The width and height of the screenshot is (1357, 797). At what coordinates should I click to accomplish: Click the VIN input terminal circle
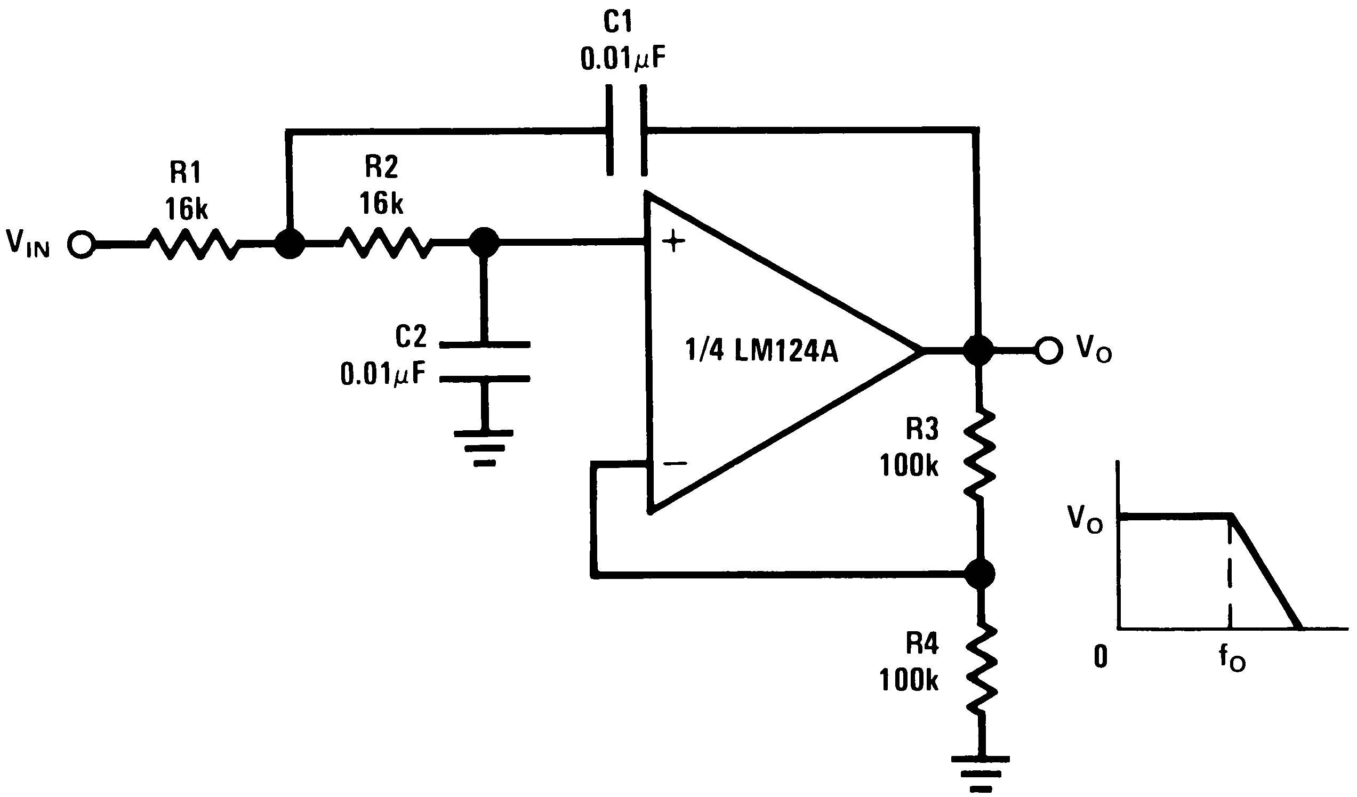pyautogui.click(x=81, y=245)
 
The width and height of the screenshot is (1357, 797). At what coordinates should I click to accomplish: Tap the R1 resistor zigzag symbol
pyautogui.click(x=193, y=244)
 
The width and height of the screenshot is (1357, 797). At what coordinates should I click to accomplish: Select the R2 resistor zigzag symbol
pyautogui.click(x=386, y=243)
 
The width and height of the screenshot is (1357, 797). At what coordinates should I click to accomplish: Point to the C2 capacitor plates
pyautogui.click(x=485, y=361)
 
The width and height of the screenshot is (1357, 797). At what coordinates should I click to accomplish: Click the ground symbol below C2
pyautogui.click(x=484, y=447)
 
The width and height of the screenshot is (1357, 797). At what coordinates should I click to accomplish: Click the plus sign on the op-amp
pyautogui.click(x=673, y=242)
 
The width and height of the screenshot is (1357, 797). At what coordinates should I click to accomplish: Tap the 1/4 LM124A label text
pyautogui.click(x=761, y=351)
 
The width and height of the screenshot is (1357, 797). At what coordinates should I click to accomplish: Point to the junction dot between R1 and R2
pyautogui.click(x=290, y=244)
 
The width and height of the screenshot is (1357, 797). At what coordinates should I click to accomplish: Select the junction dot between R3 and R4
pyautogui.click(x=979, y=574)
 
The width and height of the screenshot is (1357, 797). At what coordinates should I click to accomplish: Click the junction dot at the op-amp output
pyautogui.click(x=978, y=351)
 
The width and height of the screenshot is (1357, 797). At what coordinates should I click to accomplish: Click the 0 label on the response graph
pyautogui.click(x=1101, y=656)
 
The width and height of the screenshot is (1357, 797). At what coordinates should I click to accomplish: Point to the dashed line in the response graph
pyautogui.click(x=1230, y=574)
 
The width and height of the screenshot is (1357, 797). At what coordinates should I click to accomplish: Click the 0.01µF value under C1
pyautogui.click(x=622, y=59)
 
